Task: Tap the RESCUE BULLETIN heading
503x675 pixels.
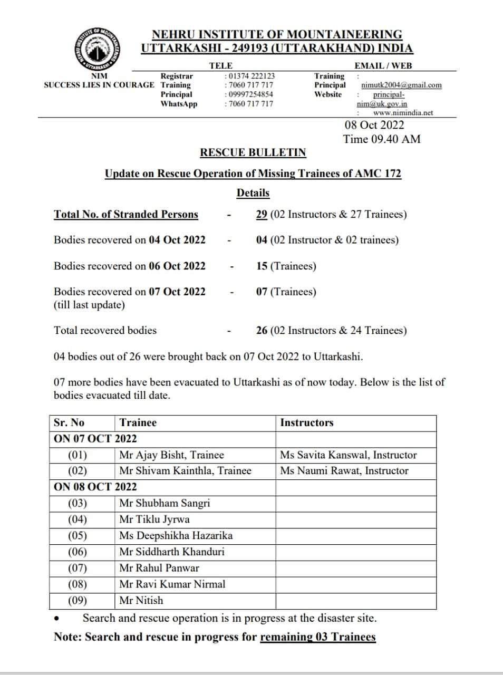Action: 253,152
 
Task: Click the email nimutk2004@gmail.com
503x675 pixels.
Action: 401,85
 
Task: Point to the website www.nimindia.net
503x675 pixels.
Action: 403,112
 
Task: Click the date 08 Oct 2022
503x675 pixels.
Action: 374,125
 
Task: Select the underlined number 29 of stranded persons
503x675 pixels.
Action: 262,215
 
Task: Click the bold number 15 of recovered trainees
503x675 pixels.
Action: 262,266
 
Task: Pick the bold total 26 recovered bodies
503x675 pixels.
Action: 262,331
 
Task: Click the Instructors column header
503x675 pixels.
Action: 307,423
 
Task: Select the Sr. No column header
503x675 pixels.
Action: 69,423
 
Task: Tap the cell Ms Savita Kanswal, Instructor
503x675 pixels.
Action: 348,455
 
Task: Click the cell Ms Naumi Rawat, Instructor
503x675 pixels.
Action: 344,471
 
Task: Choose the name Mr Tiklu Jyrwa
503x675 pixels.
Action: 154,519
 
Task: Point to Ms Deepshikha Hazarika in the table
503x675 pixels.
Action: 176,536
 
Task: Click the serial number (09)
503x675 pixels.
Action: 78,601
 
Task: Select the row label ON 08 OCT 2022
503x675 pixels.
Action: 95,487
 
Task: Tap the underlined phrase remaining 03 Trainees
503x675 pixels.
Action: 318,637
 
